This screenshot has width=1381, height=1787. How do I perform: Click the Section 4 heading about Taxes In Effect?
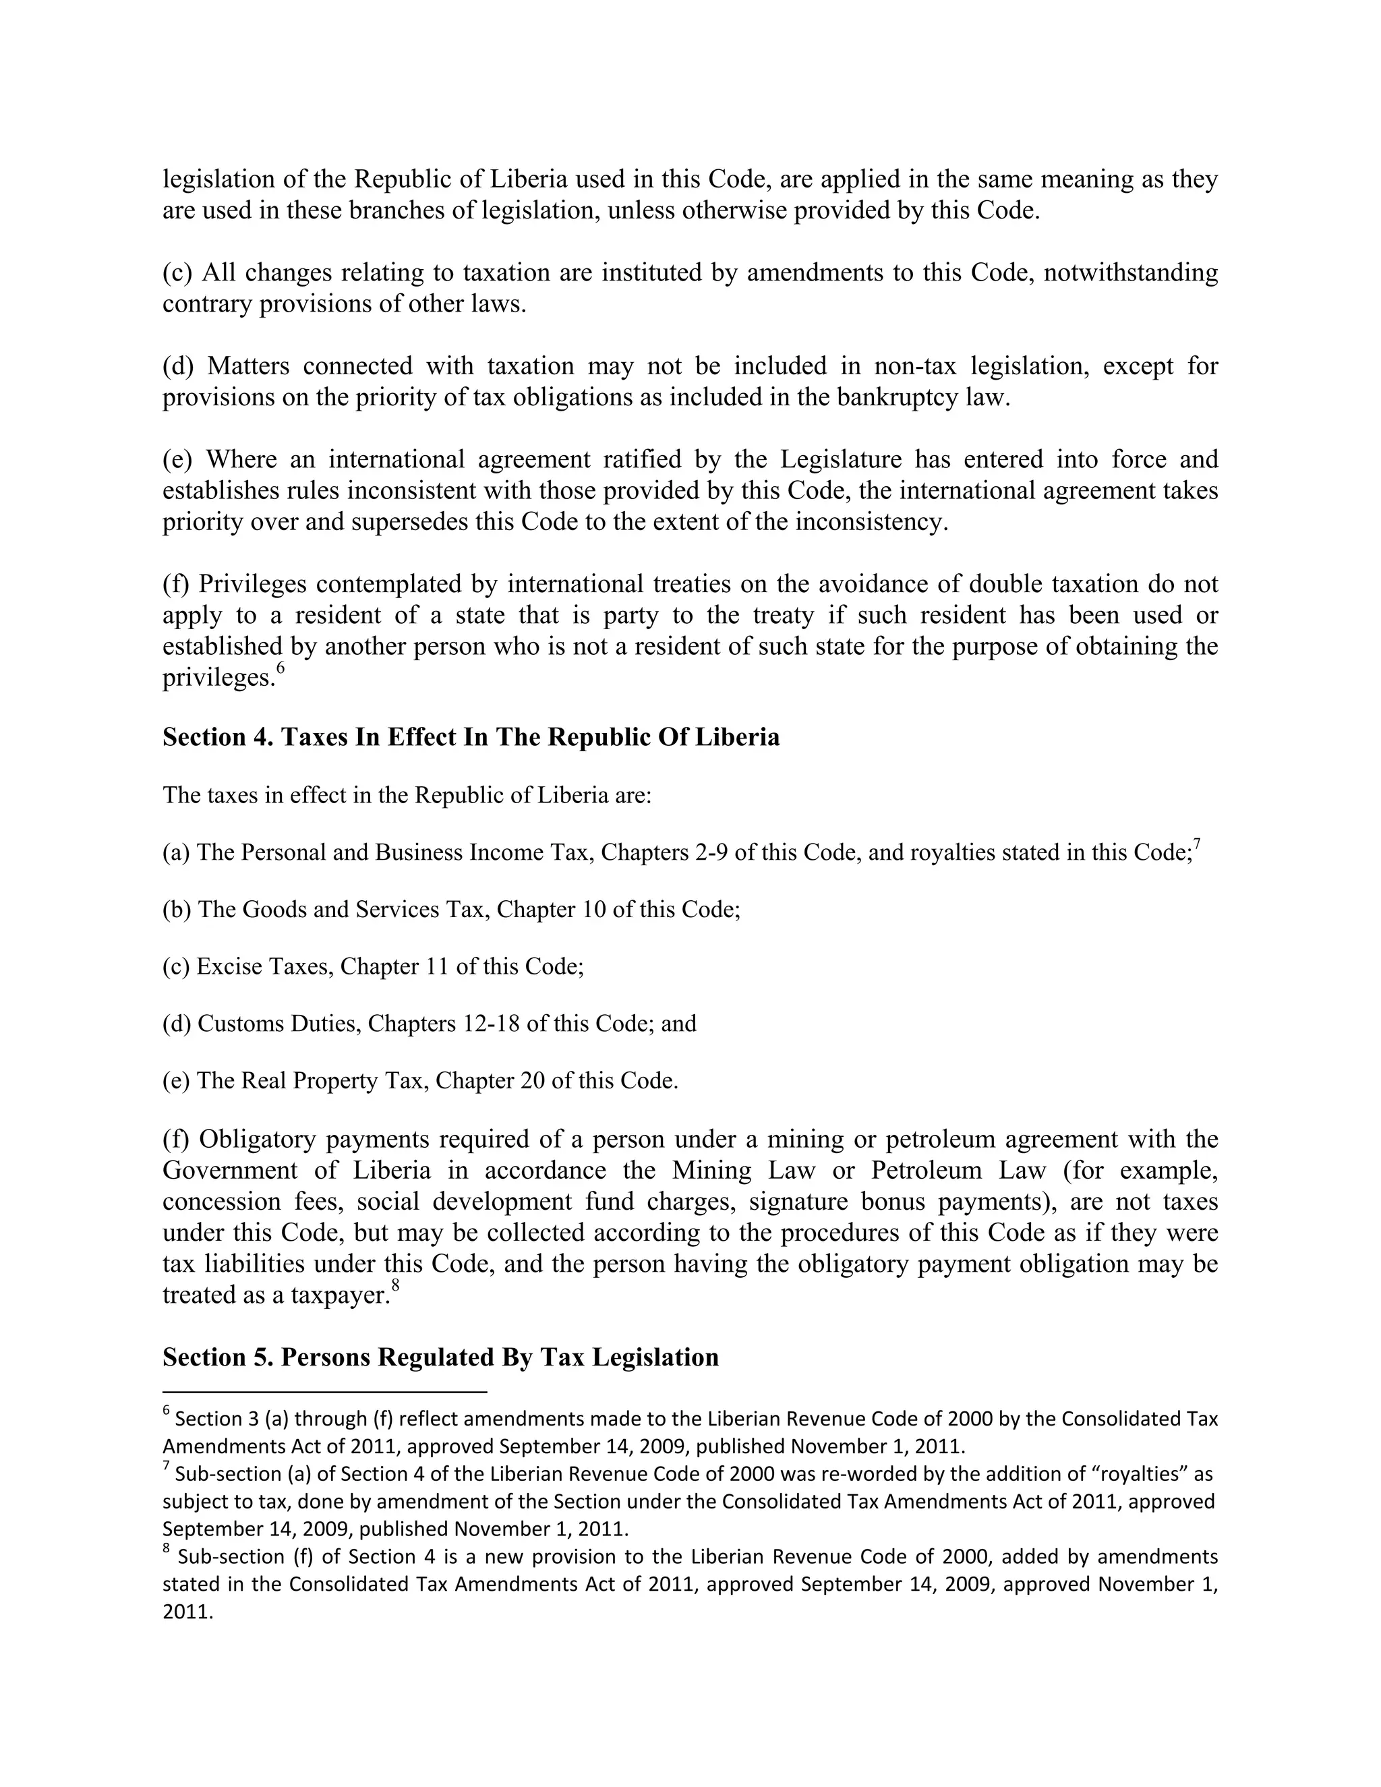471,737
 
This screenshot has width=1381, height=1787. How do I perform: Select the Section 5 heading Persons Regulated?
440,1357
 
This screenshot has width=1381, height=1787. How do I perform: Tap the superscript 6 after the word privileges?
280,668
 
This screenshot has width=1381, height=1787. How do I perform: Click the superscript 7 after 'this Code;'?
1196,844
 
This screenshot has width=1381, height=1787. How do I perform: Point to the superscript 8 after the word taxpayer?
395,1285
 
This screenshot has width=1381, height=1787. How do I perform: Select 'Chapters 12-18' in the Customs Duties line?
444,1024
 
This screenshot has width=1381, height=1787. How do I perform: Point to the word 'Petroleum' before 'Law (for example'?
929,1170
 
